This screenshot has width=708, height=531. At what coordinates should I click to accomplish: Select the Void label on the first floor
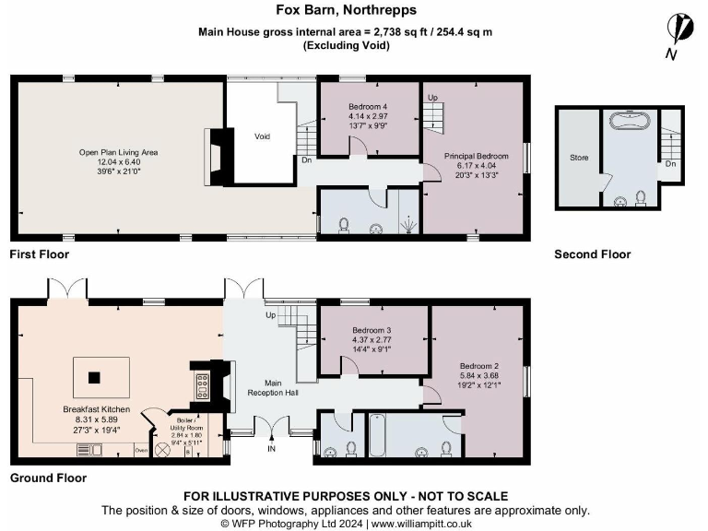point(263,136)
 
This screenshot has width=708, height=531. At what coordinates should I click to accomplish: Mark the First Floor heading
point(39,254)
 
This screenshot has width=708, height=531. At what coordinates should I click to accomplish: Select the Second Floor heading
point(592,254)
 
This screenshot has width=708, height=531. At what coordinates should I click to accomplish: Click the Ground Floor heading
point(48,478)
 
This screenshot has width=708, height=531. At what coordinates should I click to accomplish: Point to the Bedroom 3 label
point(372,330)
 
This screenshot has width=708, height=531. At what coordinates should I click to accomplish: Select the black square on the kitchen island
point(93,377)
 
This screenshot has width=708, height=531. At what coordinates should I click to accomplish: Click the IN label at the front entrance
point(272,449)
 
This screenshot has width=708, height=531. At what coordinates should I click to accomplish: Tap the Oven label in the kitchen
point(141,450)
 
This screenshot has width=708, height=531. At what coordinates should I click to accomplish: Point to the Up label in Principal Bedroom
point(431,97)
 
